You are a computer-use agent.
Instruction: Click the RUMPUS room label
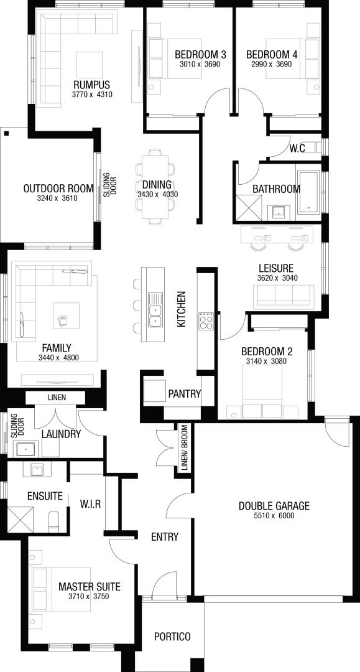(x=91, y=85)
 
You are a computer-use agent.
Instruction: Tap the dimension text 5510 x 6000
(x=274, y=516)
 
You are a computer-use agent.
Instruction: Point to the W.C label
(x=297, y=149)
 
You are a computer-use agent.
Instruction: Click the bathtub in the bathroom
(x=308, y=192)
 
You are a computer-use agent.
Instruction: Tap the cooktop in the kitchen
(x=206, y=321)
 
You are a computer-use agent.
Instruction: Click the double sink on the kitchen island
(x=155, y=309)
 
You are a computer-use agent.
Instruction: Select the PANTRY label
(x=185, y=394)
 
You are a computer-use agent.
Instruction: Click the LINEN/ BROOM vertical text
(x=185, y=448)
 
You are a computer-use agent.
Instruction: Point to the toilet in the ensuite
(x=54, y=521)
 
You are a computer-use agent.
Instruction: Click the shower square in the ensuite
(x=20, y=520)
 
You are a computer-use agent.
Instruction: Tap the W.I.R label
(x=90, y=504)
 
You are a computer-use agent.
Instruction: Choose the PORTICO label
(x=172, y=637)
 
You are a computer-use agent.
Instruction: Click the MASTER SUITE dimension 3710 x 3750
(x=89, y=596)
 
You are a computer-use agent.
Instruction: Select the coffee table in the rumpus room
(x=90, y=65)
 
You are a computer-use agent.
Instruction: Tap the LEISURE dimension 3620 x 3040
(x=277, y=278)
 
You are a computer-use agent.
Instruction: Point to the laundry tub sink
(x=27, y=449)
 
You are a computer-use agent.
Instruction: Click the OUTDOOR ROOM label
(x=58, y=189)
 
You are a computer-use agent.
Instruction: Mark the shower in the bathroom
(x=249, y=207)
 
